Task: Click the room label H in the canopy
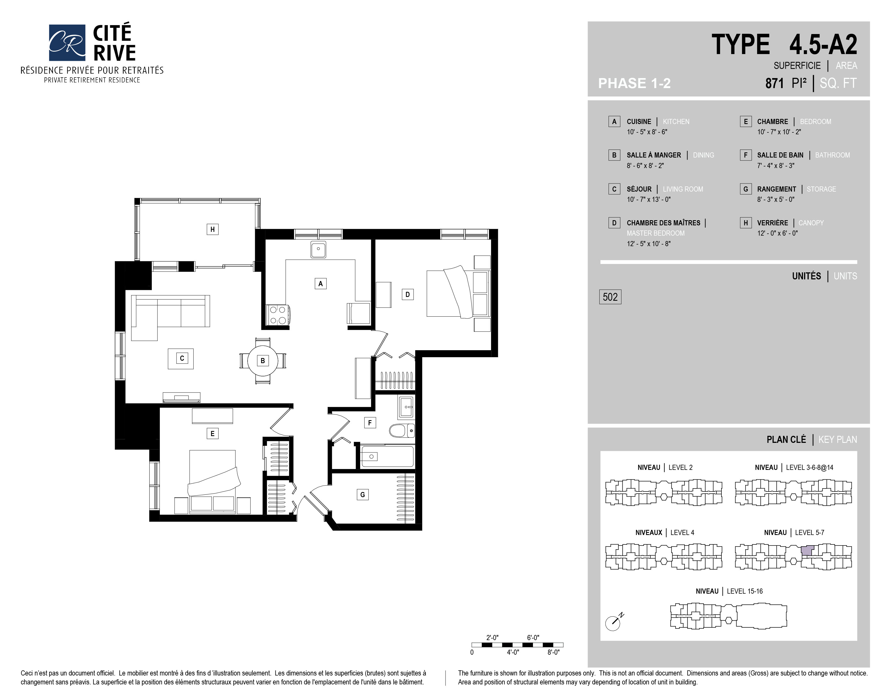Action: click(212, 229)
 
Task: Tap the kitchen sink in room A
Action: click(318, 249)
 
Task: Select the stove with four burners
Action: click(278, 315)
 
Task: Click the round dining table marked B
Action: click(263, 361)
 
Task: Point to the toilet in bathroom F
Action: click(402, 430)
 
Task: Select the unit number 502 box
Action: click(610, 297)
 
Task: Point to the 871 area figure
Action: click(774, 83)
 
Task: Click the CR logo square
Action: click(67, 42)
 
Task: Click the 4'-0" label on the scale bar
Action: click(513, 652)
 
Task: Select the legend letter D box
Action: click(614, 223)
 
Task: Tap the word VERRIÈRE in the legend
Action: click(772, 223)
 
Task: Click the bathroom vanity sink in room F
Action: click(406, 407)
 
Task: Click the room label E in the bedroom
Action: click(212, 433)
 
